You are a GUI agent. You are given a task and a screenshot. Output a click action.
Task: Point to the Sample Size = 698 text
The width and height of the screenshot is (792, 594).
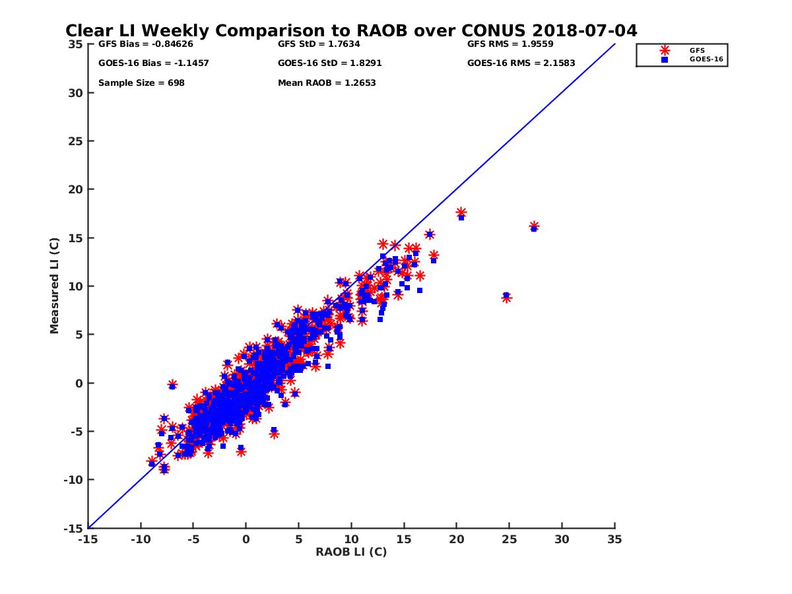coord(141,83)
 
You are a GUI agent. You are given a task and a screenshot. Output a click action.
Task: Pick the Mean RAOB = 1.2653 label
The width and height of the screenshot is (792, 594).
coord(327,83)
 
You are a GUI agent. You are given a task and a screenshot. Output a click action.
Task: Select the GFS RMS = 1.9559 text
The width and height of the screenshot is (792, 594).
coord(510,44)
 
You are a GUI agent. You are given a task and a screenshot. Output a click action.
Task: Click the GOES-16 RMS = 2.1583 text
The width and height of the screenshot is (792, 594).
coord(521,63)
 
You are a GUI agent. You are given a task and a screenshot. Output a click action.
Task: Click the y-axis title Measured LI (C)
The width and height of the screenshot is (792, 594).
coord(55,286)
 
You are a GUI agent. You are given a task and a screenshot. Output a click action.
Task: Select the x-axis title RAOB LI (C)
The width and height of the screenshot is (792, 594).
coord(351,552)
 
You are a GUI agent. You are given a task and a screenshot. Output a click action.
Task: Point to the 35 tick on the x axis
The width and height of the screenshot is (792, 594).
coord(614,539)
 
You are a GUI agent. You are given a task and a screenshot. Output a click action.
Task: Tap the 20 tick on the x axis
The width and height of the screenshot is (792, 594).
coord(456,539)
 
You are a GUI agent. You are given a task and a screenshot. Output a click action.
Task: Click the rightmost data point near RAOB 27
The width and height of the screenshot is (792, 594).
coord(534,226)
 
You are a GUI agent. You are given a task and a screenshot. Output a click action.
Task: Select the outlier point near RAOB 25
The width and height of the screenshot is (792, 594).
coord(506,297)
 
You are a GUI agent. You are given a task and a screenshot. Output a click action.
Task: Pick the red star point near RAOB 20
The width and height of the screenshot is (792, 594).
coord(461,213)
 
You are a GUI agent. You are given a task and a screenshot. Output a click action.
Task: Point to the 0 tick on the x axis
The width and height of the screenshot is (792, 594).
coord(246,539)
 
